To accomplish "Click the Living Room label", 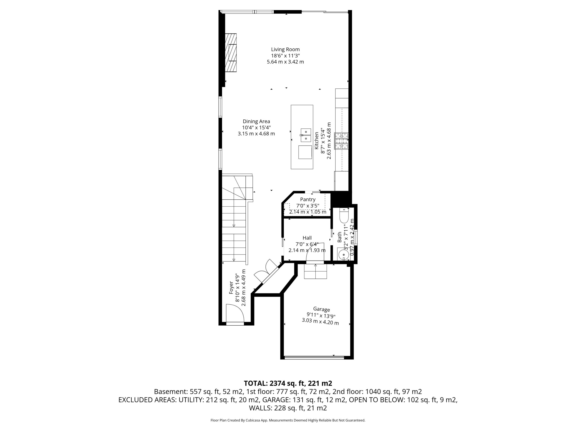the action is point(285,49).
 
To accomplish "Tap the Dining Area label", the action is point(256,121).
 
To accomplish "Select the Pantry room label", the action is point(308,200).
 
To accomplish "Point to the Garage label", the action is point(321,309).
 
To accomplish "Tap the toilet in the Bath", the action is point(344,216).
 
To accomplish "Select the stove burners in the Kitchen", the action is point(341,141).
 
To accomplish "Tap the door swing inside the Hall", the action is point(315,252).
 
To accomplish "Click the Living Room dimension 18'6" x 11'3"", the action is point(285,56).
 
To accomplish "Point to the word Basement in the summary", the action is point(169,392).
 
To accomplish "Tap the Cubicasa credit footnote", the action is point(288,420).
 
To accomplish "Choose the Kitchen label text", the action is point(316,141).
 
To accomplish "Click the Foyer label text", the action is point(231,288).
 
